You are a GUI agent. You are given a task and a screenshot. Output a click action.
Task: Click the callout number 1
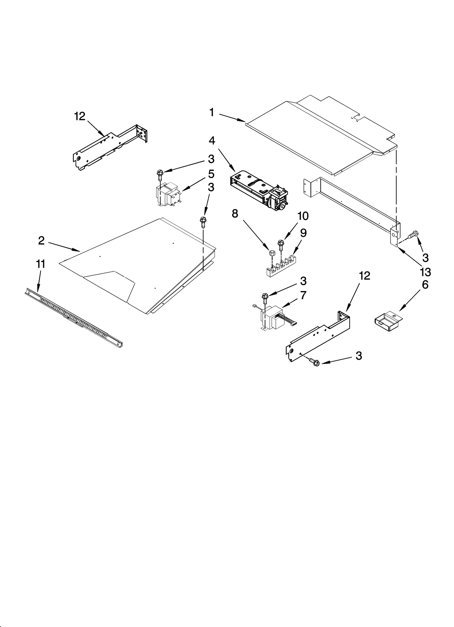coord(212,112)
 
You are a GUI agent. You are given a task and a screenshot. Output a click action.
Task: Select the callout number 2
coord(41,241)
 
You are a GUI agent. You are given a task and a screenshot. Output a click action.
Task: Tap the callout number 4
coord(212,140)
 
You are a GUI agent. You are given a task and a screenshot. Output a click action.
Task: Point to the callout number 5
coord(211,173)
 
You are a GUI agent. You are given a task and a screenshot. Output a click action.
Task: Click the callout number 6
coord(425,284)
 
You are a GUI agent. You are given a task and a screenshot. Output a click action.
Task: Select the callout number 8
coord(235,214)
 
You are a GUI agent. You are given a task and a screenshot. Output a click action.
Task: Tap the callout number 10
coord(303,216)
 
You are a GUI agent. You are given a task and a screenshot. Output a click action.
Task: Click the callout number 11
coord(41,264)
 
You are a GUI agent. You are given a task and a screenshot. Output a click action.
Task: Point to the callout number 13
coord(425,272)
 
